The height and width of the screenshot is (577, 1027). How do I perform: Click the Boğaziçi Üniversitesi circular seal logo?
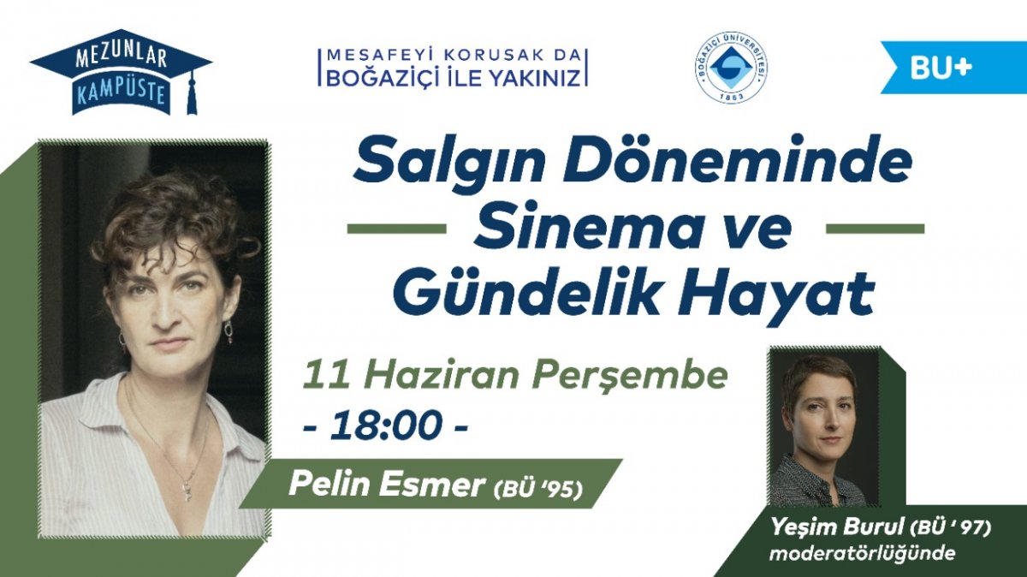click(x=733, y=67)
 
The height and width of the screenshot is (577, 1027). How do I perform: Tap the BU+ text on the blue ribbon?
click(x=941, y=68)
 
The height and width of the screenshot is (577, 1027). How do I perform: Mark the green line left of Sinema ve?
click(x=396, y=229)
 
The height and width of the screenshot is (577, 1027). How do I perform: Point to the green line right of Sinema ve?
click(x=875, y=229)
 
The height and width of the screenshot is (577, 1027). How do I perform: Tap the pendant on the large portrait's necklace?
click(x=187, y=487)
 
